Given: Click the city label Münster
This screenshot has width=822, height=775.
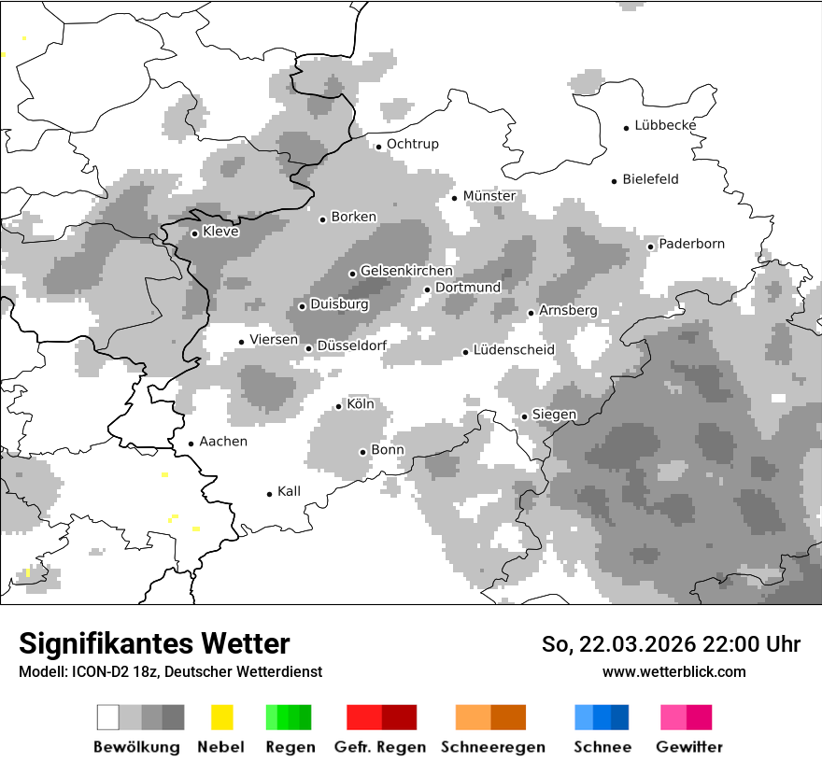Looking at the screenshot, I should pos(489,196).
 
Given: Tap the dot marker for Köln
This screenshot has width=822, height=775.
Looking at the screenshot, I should pos(339,406).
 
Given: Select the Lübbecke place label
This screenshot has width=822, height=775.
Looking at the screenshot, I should pos(665,125).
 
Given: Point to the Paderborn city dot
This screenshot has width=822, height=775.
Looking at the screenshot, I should pos(651,247).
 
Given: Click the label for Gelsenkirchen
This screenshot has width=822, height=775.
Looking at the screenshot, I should pos(406,271).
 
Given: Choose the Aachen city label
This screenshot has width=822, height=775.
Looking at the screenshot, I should pos(223,442).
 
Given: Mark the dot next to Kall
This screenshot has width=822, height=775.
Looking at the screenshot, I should pos(270,494).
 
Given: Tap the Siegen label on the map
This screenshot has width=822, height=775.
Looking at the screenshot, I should pos(555,415).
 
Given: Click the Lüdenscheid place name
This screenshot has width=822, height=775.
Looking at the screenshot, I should pos(514,350).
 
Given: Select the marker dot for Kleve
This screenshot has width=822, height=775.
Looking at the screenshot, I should pos(194,233).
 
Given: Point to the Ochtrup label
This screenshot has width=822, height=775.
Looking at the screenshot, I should pos(412,144).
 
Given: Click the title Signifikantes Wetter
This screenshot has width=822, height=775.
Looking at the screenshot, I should pos(154,643).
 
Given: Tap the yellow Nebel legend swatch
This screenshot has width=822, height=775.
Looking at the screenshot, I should pos(221,717).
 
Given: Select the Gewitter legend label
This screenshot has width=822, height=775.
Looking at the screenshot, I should pos(688,747).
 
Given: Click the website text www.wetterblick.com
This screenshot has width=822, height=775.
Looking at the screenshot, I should pos(673,671).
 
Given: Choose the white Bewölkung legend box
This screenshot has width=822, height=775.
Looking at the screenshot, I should pos(107,717).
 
